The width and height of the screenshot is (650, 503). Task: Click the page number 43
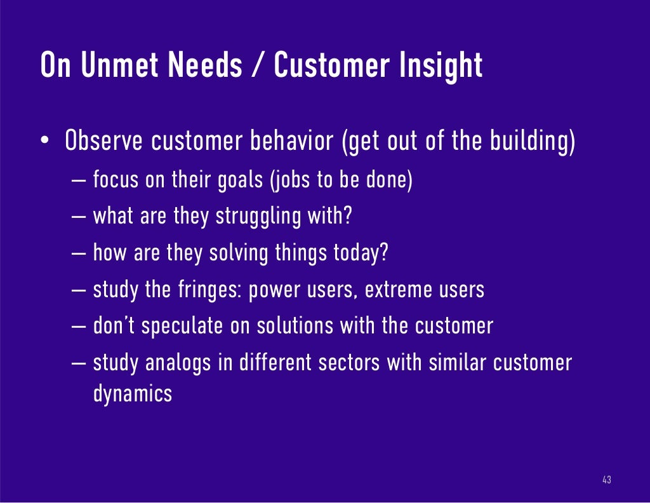pyautogui.click(x=606, y=480)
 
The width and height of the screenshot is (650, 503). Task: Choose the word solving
pyautogui.click(x=238, y=253)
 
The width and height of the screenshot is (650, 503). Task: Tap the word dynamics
pyautogui.click(x=132, y=393)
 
